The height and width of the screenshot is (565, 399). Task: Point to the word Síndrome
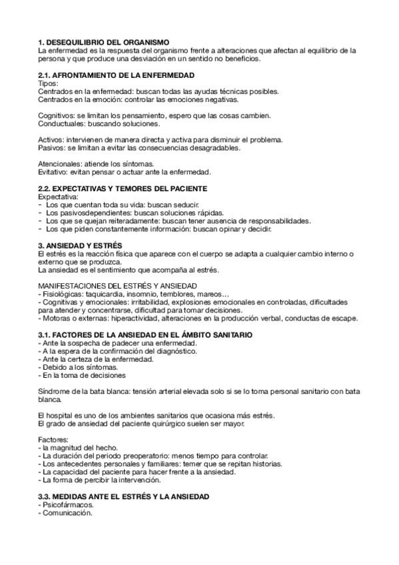[55, 393]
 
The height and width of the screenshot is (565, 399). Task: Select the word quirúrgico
[161, 424]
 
